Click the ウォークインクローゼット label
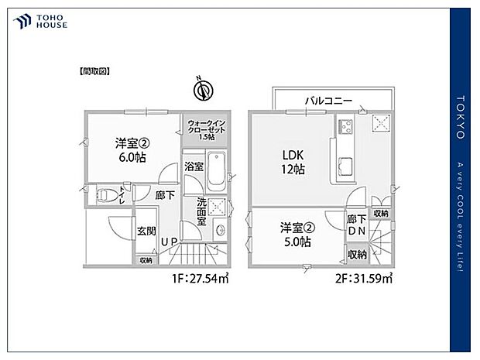coord(204,129)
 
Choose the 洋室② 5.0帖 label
coord(297,234)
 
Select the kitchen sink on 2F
coord(346,165)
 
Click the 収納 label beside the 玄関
coord(146,261)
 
